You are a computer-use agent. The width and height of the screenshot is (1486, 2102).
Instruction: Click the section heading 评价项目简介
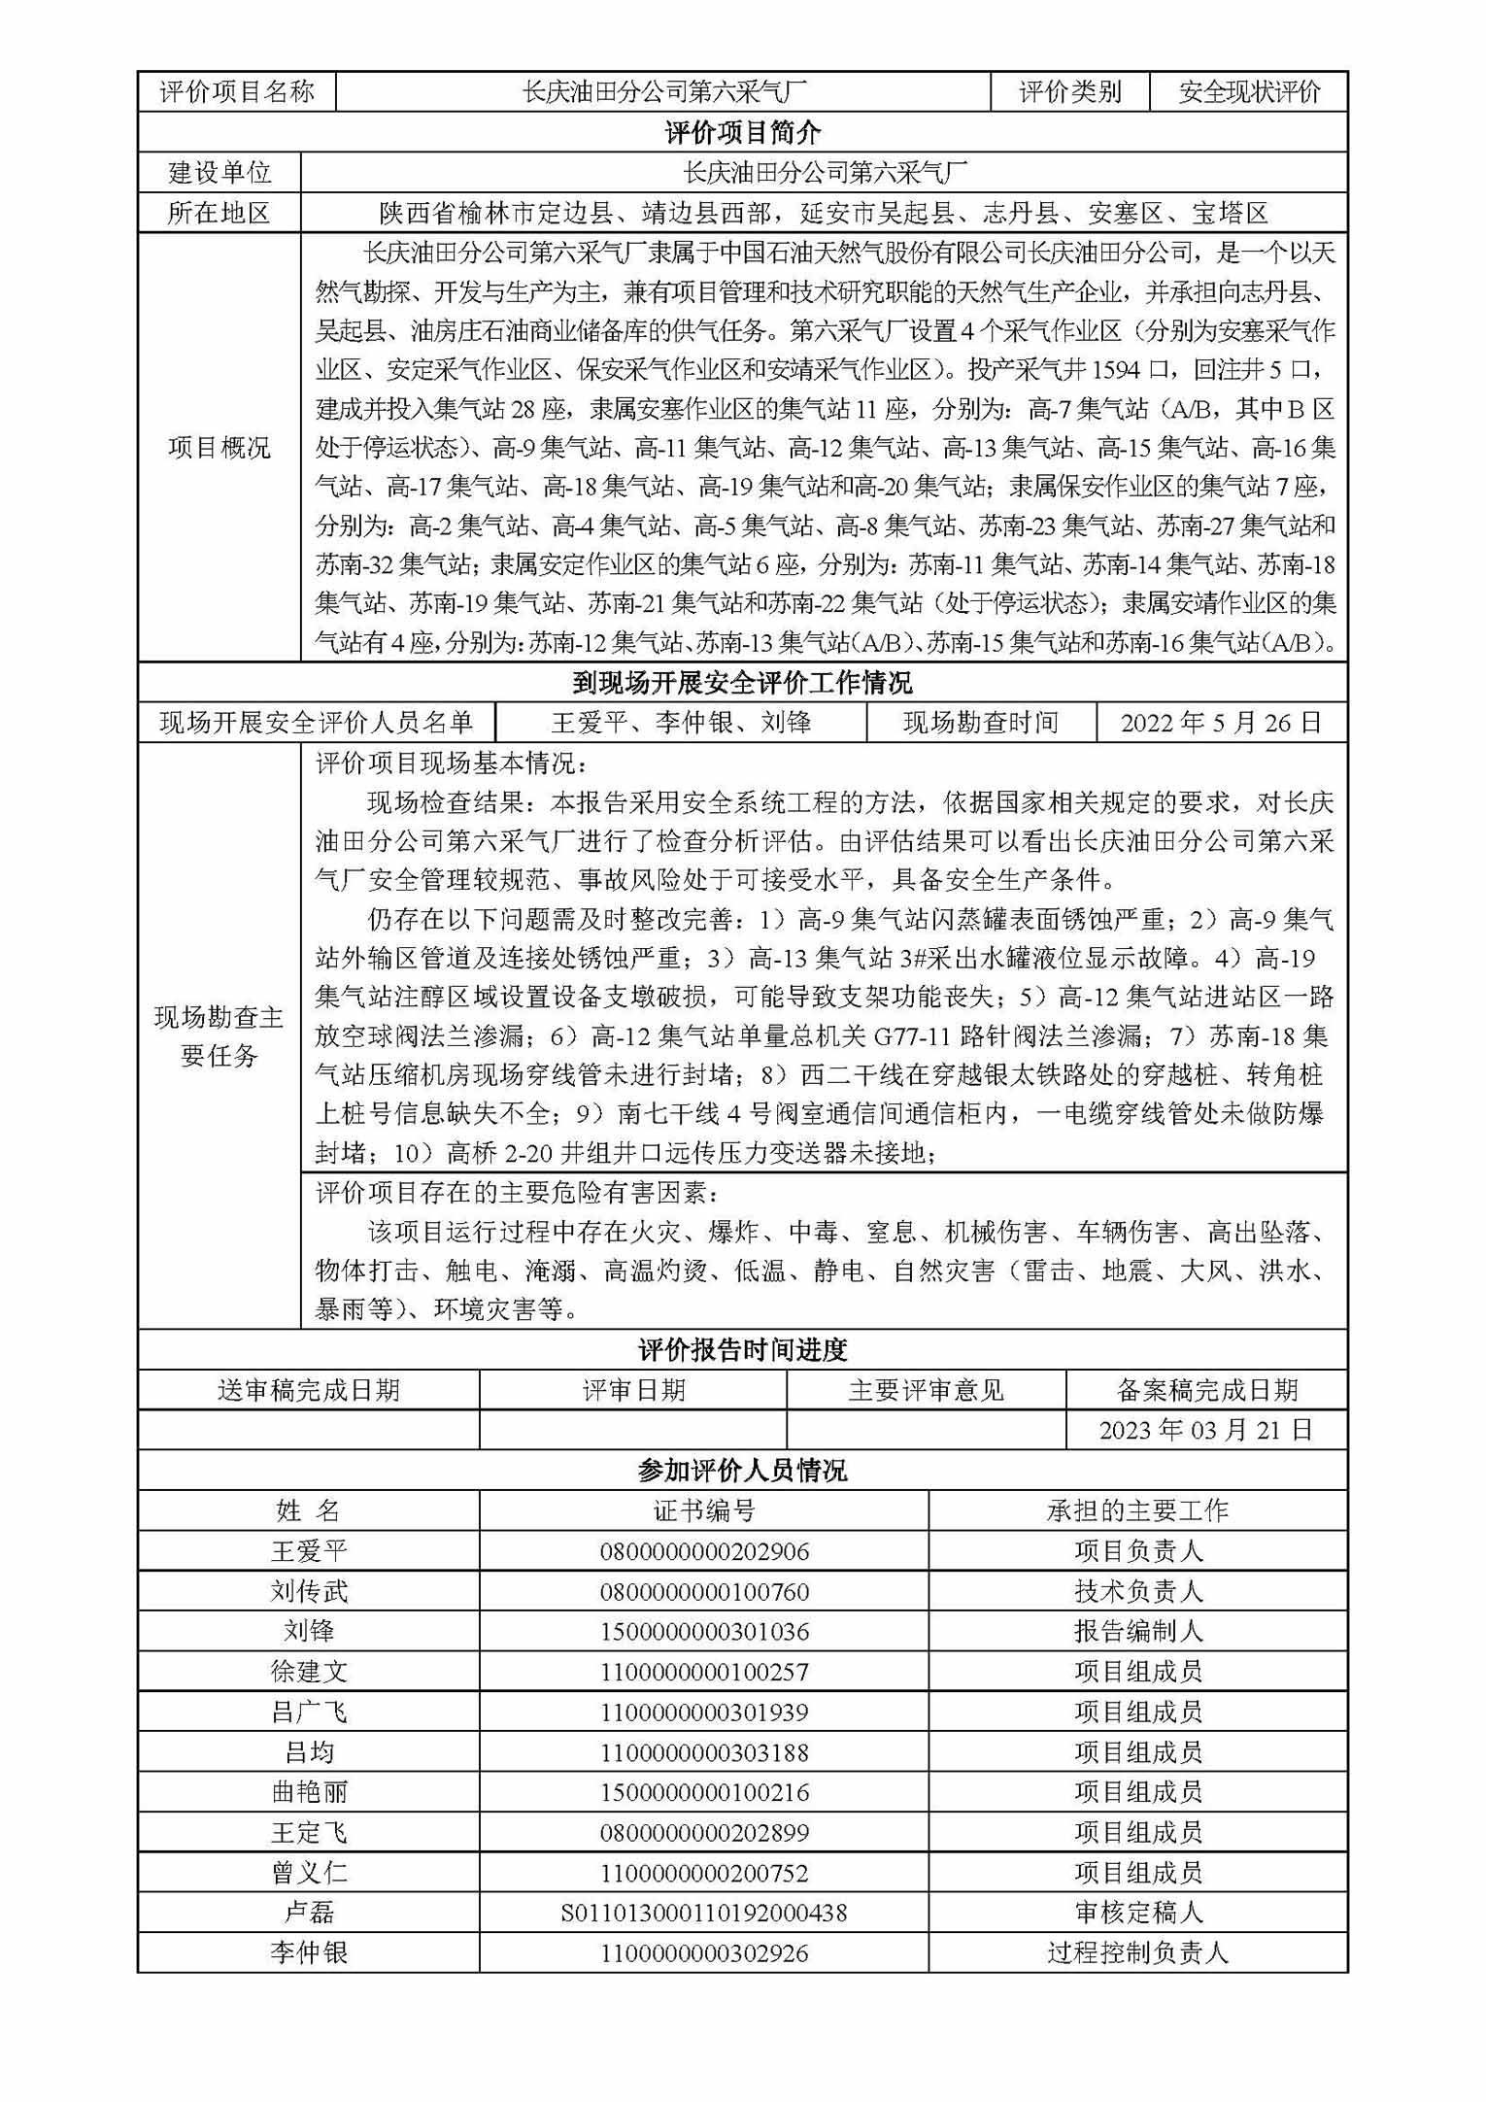[x=742, y=132]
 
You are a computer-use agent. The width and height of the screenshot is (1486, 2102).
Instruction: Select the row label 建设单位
[x=220, y=173]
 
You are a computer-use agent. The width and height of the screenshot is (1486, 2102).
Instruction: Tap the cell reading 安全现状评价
[x=1249, y=92]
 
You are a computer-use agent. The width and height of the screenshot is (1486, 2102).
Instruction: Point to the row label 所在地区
[x=220, y=213]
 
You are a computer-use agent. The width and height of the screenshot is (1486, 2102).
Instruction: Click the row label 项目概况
[x=220, y=448]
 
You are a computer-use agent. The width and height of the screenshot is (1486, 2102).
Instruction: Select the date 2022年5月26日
[x=1221, y=723]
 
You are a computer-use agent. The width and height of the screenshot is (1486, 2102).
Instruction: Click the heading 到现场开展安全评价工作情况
[x=742, y=683]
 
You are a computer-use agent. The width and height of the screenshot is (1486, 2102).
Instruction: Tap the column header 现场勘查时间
[x=980, y=723]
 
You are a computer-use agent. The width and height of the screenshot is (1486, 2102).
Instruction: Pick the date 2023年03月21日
[x=1206, y=1430]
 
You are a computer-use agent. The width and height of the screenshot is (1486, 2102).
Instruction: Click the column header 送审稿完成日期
[x=308, y=1390]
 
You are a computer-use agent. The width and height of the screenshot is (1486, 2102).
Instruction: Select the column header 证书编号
[x=703, y=1510]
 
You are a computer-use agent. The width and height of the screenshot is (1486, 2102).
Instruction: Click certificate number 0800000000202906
[x=703, y=1551]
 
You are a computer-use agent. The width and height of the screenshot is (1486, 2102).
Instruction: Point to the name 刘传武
[x=308, y=1591]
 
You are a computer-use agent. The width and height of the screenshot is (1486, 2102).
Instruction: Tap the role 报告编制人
[x=1137, y=1631]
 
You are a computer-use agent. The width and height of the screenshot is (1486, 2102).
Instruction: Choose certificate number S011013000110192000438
[x=703, y=1913]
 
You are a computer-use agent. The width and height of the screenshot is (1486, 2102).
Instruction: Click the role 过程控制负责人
[x=1137, y=1952]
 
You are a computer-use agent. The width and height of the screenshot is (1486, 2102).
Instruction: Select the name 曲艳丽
[x=308, y=1792]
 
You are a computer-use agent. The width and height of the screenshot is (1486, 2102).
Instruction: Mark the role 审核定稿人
[x=1137, y=1913]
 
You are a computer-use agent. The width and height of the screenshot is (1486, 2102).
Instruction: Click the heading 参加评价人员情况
[x=742, y=1471]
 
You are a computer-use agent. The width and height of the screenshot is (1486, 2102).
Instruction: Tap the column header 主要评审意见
[x=926, y=1390]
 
